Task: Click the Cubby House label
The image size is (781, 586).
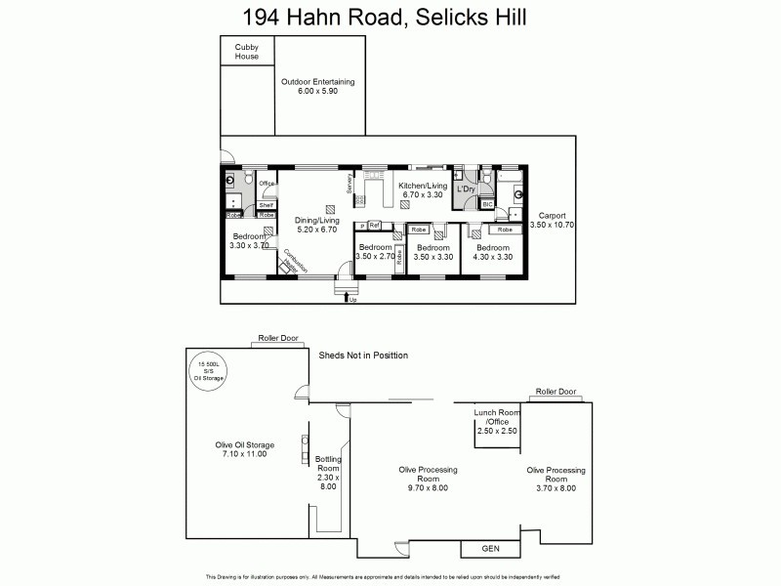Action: click(x=247, y=51)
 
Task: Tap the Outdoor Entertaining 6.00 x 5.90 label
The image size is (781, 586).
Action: click(x=317, y=86)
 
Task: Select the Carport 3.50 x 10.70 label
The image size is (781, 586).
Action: click(x=552, y=220)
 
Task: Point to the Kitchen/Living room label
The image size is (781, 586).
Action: click(x=424, y=189)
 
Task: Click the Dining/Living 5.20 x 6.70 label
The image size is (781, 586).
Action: click(x=315, y=226)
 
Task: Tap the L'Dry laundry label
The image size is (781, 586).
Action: click(x=466, y=188)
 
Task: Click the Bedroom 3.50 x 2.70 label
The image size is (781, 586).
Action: click(x=375, y=253)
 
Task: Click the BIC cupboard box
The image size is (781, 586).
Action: click(x=488, y=204)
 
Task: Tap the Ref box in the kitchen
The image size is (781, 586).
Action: click(x=374, y=226)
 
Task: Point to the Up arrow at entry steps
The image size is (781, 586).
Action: click(x=350, y=299)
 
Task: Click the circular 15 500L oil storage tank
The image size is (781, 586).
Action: click(x=213, y=371)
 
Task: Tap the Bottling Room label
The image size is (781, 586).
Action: click(x=327, y=473)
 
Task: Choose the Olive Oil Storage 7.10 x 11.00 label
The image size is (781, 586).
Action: click(x=245, y=449)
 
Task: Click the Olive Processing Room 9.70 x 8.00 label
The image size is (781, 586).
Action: click(x=428, y=475)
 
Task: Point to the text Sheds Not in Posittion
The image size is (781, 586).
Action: click(x=363, y=356)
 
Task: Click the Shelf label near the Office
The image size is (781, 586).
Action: click(x=266, y=205)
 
